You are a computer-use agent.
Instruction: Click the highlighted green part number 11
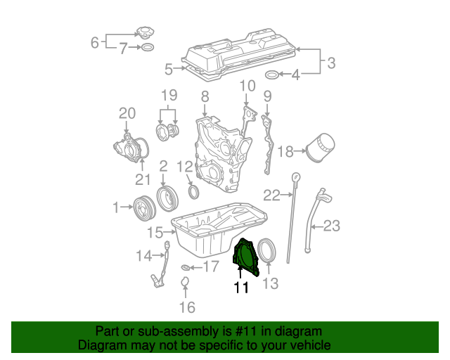pyautogui.click(x=245, y=257)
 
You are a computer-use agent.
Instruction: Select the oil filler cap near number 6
pyautogui.click(x=145, y=33)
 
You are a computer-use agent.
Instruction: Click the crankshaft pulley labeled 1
pyautogui.click(x=146, y=207)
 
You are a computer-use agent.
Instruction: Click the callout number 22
pyautogui.click(x=271, y=195)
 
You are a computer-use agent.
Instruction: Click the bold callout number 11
pyautogui.click(x=241, y=287)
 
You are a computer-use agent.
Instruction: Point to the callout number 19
pyautogui.click(x=168, y=95)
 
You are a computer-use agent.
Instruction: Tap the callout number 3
pyautogui.click(x=331, y=63)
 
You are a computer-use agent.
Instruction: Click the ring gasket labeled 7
pyautogui.click(x=147, y=49)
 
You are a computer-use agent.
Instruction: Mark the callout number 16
pyautogui.click(x=186, y=307)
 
